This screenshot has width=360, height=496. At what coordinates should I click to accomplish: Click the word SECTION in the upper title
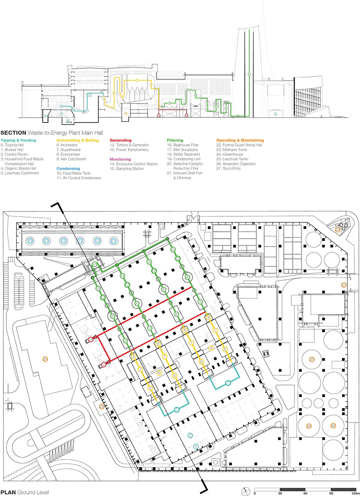tap(13, 133)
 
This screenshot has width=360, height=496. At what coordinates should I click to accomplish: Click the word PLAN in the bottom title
tap(8, 492)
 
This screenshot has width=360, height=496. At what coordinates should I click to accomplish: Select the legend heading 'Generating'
tap(120, 140)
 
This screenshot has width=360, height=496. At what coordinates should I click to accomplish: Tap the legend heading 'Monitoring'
tap(120, 159)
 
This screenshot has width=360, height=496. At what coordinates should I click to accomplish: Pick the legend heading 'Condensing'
tap(68, 169)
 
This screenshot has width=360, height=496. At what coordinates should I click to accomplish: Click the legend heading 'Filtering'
tap(175, 140)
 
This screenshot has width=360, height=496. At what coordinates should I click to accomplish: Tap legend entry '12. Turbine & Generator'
tap(129, 145)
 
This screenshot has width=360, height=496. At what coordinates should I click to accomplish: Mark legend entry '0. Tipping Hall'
tap(12, 145)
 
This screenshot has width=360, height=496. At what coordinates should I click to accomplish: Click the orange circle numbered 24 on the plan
tap(45, 359)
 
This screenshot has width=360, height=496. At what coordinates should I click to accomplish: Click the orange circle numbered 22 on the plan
tap(102, 406)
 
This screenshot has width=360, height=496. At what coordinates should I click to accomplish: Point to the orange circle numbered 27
tap(344, 285)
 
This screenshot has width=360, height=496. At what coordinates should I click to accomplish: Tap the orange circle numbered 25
tap(312, 360)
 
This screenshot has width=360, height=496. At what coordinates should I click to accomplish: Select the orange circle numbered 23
tap(337, 230)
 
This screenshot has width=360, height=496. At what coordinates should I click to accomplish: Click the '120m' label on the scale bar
tap(355, 493)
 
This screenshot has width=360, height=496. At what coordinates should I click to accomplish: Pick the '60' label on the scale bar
tap(305, 493)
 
